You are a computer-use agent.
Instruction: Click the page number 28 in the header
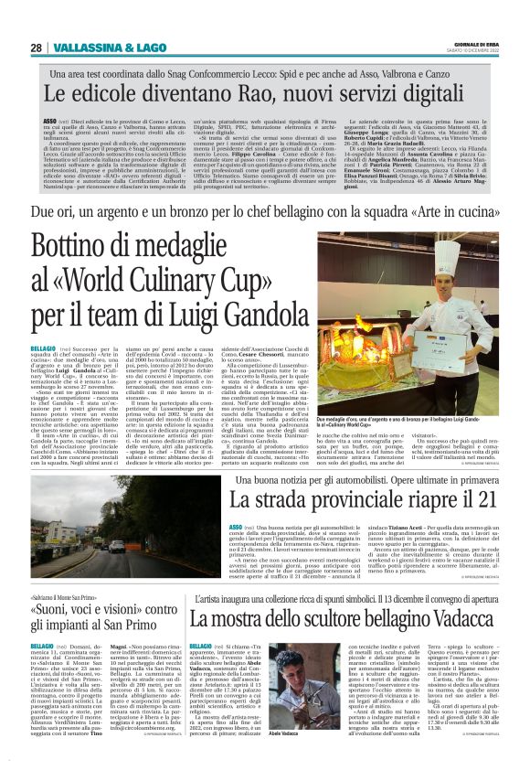(36, 48)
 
